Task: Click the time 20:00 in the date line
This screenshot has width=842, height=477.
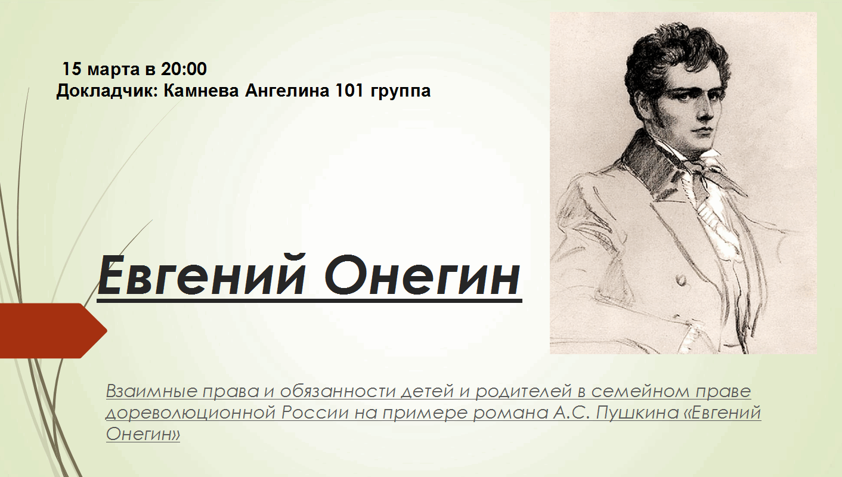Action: pyautogui.click(x=184, y=69)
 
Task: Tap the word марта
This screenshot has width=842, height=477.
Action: pyautogui.click(x=113, y=70)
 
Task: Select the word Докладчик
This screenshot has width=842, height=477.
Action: pyautogui.click(x=107, y=91)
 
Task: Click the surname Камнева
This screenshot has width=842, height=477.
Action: pyautogui.click(x=201, y=91)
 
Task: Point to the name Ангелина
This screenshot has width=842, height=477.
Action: pyautogui.click(x=287, y=91)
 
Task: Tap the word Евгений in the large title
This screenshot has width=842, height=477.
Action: pyautogui.click(x=201, y=276)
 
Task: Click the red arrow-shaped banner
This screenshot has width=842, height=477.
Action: pyautogui.click(x=52, y=331)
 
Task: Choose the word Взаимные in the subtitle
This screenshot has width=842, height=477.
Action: pyautogui.click(x=152, y=391)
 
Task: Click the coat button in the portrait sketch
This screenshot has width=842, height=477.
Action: pyautogui.click(x=680, y=280)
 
